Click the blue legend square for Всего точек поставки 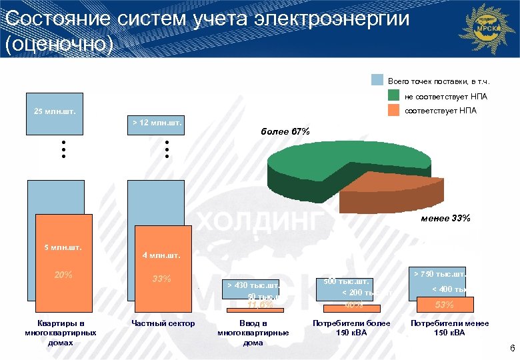(377, 80)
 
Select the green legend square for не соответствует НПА (394, 96)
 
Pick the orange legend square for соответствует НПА (394, 110)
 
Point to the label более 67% (285, 131)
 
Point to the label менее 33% (445, 218)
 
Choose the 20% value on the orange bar (63, 275)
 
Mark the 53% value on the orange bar (444, 305)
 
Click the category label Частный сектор (163, 323)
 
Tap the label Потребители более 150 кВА (351, 328)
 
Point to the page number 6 (512, 349)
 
